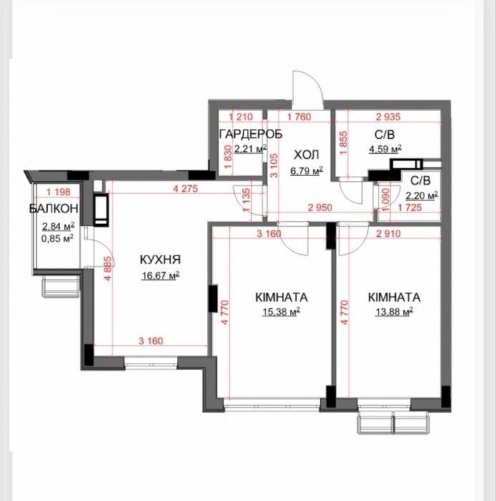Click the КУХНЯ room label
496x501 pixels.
(x=160, y=259)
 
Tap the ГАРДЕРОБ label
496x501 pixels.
(x=251, y=135)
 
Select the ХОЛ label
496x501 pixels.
(x=306, y=155)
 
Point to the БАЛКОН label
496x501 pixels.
(x=54, y=208)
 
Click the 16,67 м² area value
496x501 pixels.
(x=160, y=276)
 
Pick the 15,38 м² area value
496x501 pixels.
(x=281, y=311)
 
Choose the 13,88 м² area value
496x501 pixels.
(x=394, y=311)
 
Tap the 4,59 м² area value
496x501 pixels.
(x=386, y=149)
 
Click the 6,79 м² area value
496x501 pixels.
(x=306, y=170)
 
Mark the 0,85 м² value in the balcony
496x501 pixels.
(x=58, y=238)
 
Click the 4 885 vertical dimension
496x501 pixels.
(x=109, y=268)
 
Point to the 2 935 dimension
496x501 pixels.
(x=389, y=117)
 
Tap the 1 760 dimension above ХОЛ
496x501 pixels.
(x=298, y=117)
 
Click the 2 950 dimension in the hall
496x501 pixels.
(x=320, y=208)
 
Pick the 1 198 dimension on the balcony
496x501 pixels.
(x=58, y=192)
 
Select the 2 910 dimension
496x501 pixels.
(x=389, y=234)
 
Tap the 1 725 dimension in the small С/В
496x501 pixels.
(x=409, y=208)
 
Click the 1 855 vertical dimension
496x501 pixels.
(x=344, y=143)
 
